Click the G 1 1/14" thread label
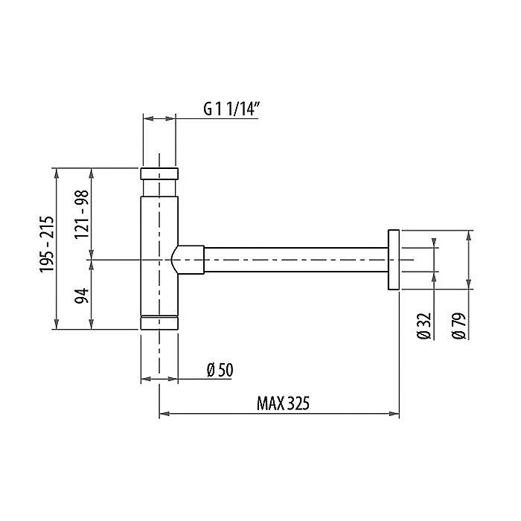pos(231,109)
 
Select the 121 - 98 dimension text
pos(82,214)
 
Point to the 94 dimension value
pos(82,295)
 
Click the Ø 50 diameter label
pos(220,370)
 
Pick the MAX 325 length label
pos(283,403)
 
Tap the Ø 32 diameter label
pos(424,326)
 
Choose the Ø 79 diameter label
pos(459,326)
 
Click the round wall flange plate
pos(394,260)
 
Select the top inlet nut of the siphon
pos(159,173)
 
